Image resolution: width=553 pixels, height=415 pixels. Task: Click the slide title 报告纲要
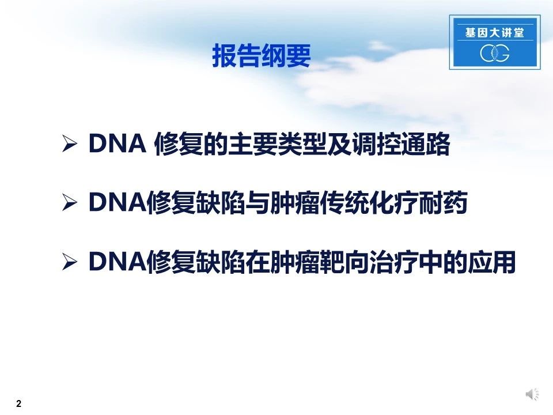262,56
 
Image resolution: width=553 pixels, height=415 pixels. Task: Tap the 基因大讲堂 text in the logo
494,33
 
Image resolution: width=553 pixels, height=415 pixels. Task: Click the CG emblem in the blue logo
494,53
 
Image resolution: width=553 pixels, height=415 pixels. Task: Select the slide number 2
18,403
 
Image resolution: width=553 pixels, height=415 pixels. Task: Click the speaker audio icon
532,394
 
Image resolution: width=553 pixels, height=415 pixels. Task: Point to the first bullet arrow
70,144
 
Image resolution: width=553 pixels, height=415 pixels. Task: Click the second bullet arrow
70,202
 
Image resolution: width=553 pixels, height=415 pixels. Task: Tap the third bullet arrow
70,262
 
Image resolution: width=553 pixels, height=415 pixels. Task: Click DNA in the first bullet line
118,144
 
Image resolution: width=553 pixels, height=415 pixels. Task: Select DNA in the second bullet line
118,202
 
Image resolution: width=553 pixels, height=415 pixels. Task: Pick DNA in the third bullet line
118,262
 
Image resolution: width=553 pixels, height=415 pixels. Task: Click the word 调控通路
402,144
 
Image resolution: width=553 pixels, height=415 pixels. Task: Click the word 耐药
444,203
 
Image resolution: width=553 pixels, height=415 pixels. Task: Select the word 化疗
394,203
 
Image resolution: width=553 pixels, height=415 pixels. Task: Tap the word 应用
491,262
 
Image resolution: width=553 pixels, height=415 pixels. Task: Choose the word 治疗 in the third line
394,262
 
